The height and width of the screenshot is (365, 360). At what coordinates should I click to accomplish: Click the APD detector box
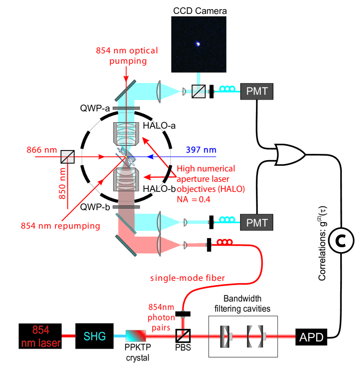click(311, 337)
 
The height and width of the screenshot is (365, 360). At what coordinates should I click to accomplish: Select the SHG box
click(94, 336)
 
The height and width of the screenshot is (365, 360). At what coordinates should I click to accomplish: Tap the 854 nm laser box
click(40, 336)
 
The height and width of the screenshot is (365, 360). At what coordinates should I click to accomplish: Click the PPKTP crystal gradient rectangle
click(136, 336)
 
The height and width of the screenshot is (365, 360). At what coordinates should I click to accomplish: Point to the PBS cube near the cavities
click(183, 336)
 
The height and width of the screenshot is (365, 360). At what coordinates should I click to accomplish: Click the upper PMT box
click(257, 91)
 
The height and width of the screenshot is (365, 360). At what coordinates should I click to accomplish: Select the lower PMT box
click(257, 222)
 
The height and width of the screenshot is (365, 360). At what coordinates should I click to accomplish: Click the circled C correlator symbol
click(341, 240)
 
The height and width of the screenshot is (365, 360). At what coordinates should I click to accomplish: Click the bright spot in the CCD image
click(198, 44)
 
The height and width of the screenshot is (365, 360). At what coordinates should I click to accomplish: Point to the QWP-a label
click(95, 108)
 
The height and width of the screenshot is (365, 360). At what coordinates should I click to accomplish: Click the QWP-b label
click(95, 207)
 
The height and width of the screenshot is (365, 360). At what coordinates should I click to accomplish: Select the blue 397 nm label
click(201, 150)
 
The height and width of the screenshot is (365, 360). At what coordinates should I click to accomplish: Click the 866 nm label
click(42, 150)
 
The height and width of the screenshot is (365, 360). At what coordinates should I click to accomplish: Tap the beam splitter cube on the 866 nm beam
click(67, 157)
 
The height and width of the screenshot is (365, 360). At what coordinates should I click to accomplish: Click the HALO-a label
click(159, 126)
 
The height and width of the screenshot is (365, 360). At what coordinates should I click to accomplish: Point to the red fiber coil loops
click(225, 241)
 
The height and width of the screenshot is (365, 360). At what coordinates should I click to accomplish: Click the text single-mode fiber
click(188, 277)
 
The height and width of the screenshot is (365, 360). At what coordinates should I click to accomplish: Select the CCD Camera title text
click(200, 11)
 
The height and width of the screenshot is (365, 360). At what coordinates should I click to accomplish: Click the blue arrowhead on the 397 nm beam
click(150, 157)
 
